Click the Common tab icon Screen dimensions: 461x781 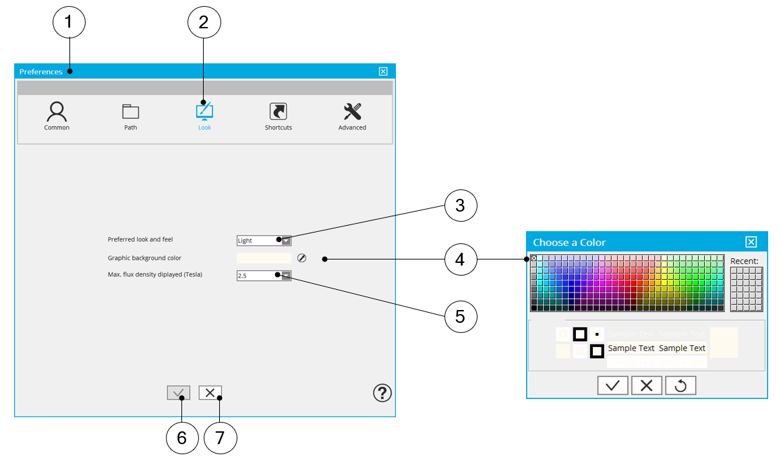[x=57, y=111]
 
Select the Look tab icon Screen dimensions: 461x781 [x=204, y=111]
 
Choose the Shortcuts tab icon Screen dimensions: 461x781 [x=278, y=111]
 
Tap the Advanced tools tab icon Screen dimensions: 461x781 [x=352, y=111]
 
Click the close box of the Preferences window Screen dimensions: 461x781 [x=383, y=71]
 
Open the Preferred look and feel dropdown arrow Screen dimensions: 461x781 [x=286, y=240]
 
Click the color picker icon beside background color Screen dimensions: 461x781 [x=301, y=258]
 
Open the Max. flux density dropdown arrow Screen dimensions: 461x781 [x=286, y=275]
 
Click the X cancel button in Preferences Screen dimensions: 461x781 [x=210, y=393]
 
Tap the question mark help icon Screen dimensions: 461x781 [x=382, y=393]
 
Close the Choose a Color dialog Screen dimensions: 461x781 [x=751, y=243]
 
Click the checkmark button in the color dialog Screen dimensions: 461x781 [x=612, y=386]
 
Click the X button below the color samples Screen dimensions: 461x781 [x=646, y=386]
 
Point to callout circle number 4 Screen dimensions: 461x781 [x=461, y=259]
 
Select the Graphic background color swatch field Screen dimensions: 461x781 [x=264, y=258]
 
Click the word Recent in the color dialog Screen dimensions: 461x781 [x=745, y=261]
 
